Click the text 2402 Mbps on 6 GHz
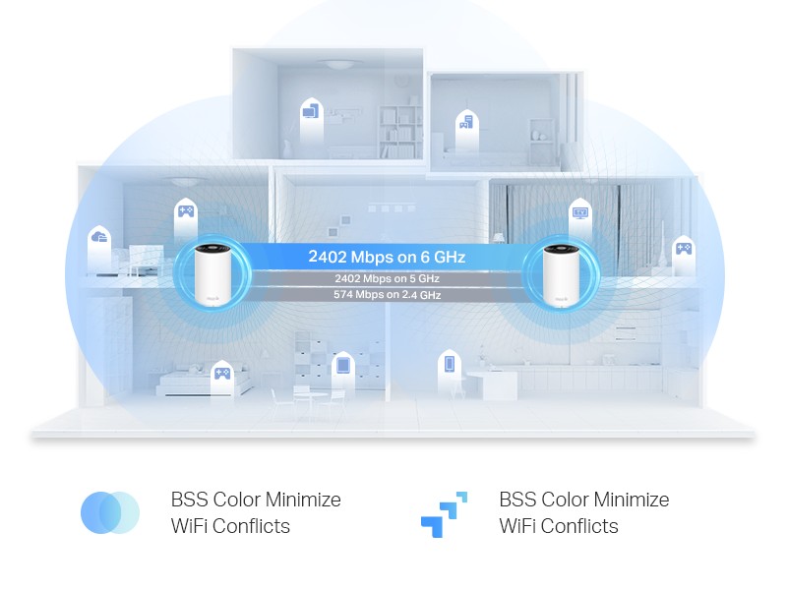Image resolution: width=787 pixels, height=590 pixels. coord(386,257)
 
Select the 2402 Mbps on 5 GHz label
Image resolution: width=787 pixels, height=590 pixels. coord(386,279)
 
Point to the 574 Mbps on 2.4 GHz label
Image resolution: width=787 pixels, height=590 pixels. coord(386,294)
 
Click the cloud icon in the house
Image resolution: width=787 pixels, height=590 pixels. coord(98,238)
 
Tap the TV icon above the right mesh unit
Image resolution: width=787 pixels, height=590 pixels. coord(579,211)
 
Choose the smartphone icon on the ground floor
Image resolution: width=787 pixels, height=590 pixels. coord(450,364)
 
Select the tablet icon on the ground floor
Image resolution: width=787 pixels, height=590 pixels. coord(342,365)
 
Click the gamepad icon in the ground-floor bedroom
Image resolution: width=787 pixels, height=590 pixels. coord(222,374)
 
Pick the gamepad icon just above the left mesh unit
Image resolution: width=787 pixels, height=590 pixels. coord(185,210)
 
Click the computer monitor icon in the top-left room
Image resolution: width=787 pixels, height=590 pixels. coord(310,112)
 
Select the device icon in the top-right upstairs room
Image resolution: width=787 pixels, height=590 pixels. coord(466,123)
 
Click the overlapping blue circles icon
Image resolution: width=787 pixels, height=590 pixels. coord(109,512)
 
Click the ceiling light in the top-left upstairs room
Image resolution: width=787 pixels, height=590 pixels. coord(337,66)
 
